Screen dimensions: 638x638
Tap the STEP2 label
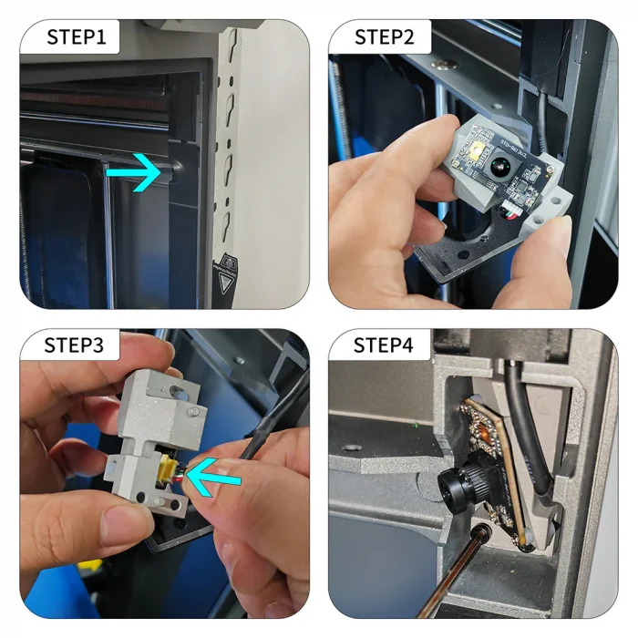(385, 37)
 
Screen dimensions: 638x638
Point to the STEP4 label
(385, 346)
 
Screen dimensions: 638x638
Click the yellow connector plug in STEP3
(169, 471)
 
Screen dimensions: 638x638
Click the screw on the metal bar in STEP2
(445, 65)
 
